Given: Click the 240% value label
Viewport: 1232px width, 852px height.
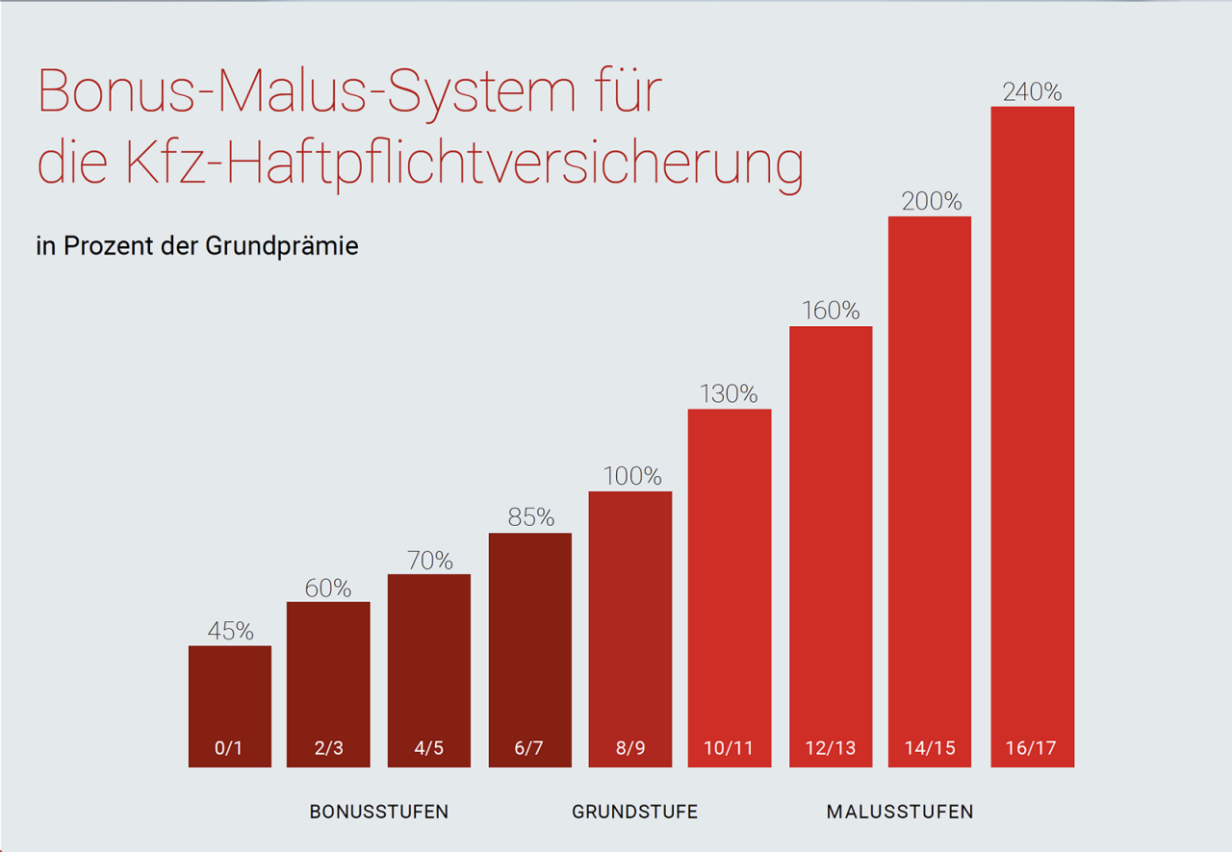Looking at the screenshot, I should (x=1032, y=92).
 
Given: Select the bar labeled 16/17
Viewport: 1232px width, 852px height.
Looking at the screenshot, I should (x=1032, y=433).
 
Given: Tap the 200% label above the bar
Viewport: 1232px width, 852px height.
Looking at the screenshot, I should (x=931, y=202).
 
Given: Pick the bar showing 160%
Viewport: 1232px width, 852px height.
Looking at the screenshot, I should (x=831, y=539).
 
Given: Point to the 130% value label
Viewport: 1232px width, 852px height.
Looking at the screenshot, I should (x=729, y=394).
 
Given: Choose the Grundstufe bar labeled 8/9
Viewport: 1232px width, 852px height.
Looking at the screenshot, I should (x=630, y=625).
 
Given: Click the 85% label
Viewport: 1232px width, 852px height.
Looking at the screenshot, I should (x=530, y=517).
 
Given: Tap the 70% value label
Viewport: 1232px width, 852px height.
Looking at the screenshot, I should (x=429, y=560).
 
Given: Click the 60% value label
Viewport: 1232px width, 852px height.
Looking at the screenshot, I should (x=328, y=588).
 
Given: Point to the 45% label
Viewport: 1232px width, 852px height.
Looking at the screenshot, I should (x=230, y=632).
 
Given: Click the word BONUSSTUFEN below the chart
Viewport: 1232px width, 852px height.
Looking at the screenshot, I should (x=378, y=812).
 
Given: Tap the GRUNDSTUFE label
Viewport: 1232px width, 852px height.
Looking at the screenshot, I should (x=634, y=812).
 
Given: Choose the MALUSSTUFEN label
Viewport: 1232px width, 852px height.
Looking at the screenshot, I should (x=899, y=812).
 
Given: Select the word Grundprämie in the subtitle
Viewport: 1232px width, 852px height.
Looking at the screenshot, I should (x=281, y=246).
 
